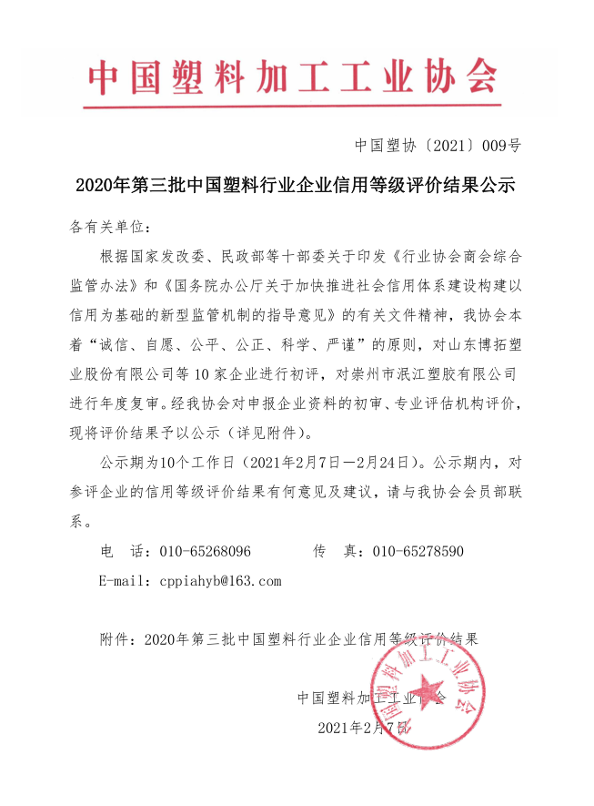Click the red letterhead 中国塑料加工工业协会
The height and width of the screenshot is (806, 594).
tap(293, 79)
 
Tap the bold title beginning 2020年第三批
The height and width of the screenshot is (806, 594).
tap(296, 187)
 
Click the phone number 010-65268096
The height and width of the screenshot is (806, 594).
tap(205, 552)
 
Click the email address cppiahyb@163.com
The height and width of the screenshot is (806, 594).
tap(220, 580)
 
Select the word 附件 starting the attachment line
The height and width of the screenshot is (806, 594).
tap(114, 638)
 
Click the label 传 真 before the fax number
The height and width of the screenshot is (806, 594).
tap(333, 552)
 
